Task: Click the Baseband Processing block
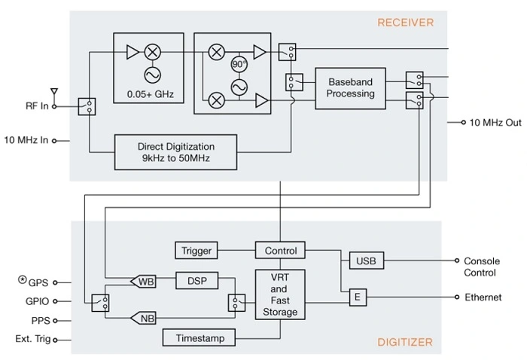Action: click(x=350, y=88)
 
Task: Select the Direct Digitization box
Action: click(x=176, y=151)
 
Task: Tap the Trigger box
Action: click(x=197, y=251)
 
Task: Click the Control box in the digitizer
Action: click(x=280, y=251)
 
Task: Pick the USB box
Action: click(x=367, y=261)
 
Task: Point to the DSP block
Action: click(x=196, y=281)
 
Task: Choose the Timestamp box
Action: click(x=199, y=338)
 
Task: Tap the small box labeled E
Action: click(x=358, y=298)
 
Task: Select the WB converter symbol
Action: click(x=144, y=282)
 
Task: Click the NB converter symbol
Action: click(x=144, y=319)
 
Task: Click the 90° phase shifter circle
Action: click(x=239, y=64)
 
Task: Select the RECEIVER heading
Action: click(x=406, y=23)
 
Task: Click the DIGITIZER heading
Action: click(x=405, y=343)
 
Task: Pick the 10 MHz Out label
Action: click(x=495, y=122)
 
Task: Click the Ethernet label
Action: click(x=483, y=297)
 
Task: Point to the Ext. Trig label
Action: click(x=33, y=339)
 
